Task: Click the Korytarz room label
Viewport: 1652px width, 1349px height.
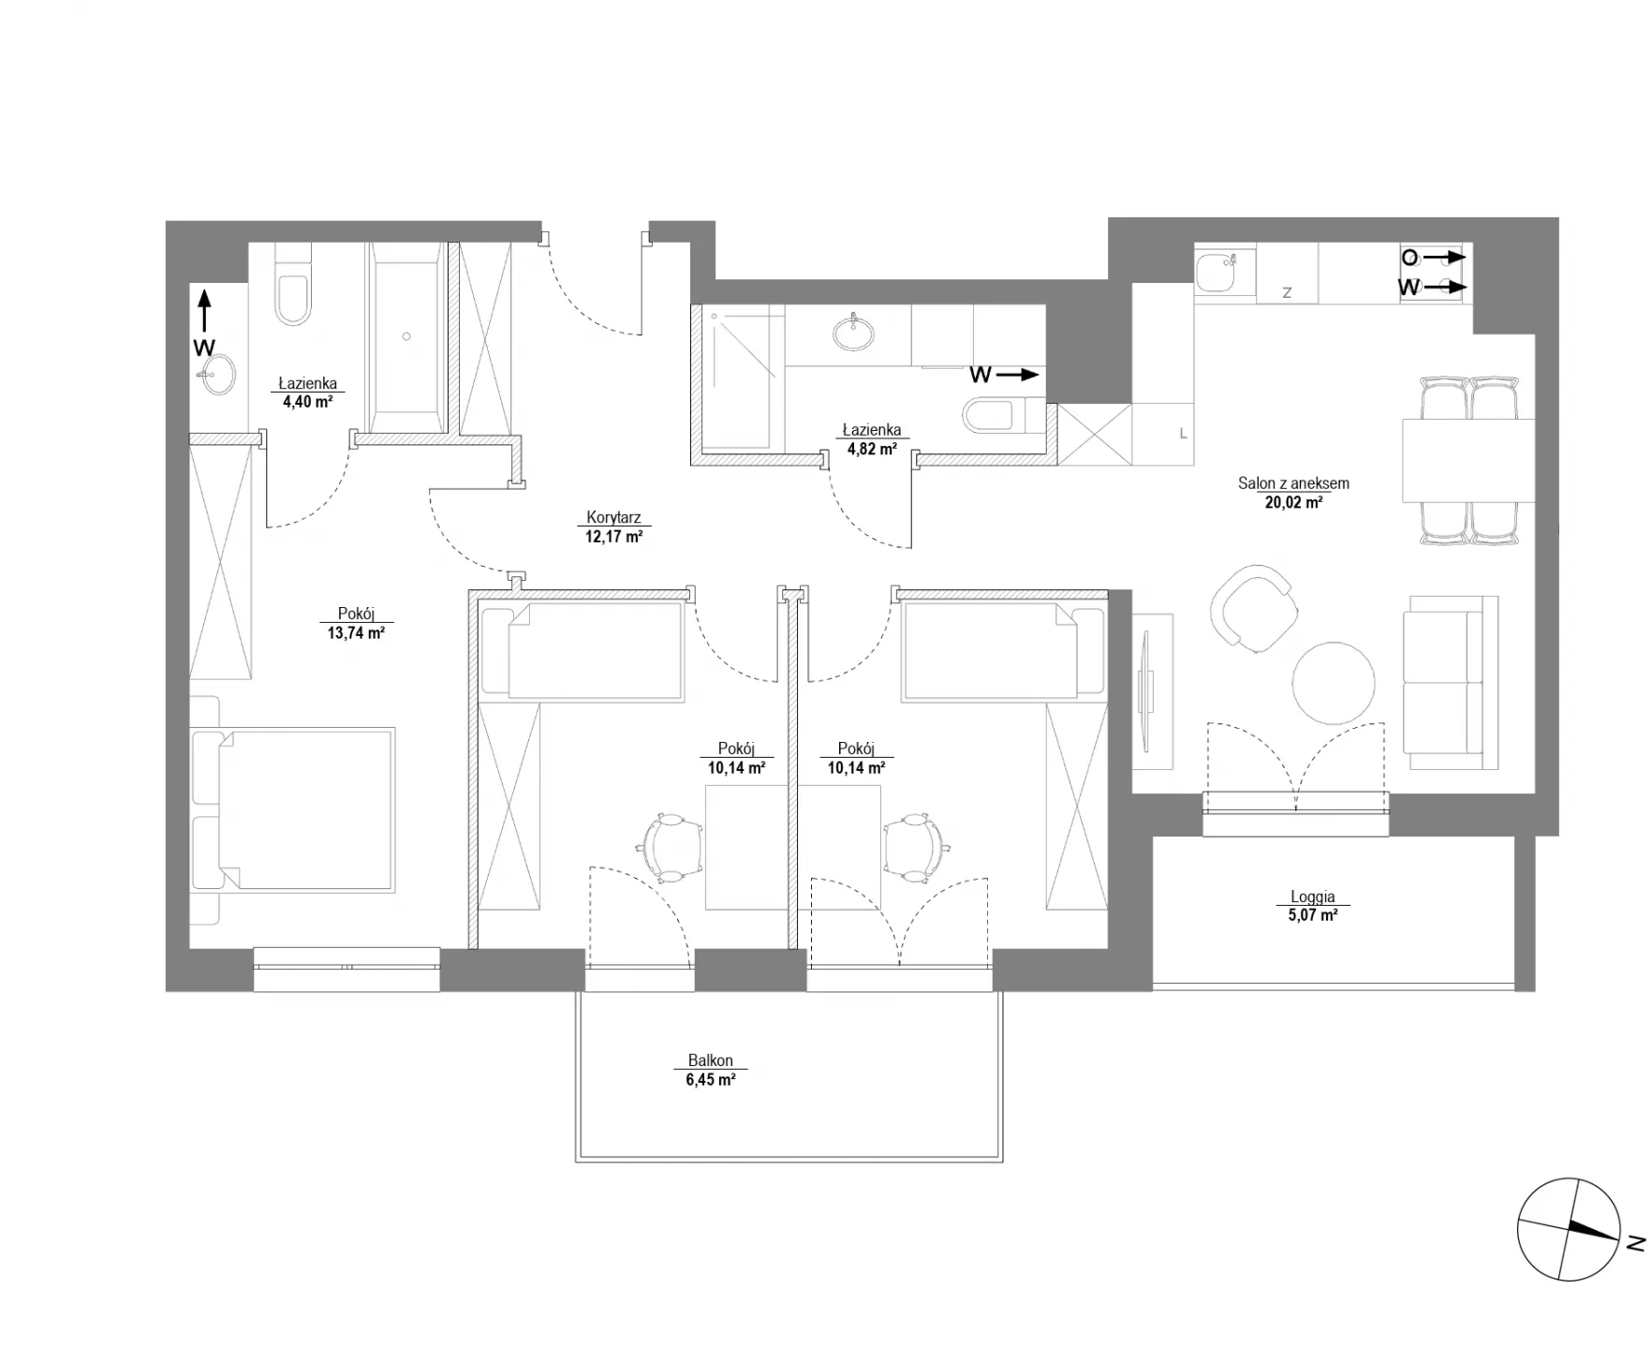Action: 613,517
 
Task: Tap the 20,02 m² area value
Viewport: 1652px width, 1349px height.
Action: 1293,502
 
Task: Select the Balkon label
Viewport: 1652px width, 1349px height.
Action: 710,1060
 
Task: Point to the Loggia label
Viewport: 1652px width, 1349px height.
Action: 1312,897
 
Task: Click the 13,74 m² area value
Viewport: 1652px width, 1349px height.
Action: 356,632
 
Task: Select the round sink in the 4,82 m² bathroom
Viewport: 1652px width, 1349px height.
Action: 853,332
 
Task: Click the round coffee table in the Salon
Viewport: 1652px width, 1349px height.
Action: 1334,683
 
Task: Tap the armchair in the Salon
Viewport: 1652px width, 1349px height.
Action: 1254,609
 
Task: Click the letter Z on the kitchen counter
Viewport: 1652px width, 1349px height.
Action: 1287,292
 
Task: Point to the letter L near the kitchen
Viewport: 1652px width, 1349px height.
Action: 1183,434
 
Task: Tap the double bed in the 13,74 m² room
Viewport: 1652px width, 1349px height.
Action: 292,808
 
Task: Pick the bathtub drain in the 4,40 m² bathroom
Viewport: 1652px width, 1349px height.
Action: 406,336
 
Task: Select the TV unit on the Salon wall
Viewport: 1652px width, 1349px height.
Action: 1153,691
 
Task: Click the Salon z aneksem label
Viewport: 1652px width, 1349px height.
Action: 1293,483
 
